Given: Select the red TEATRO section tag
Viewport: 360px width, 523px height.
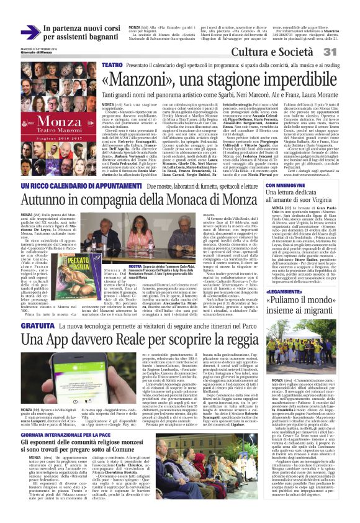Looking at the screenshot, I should coord(112,65).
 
